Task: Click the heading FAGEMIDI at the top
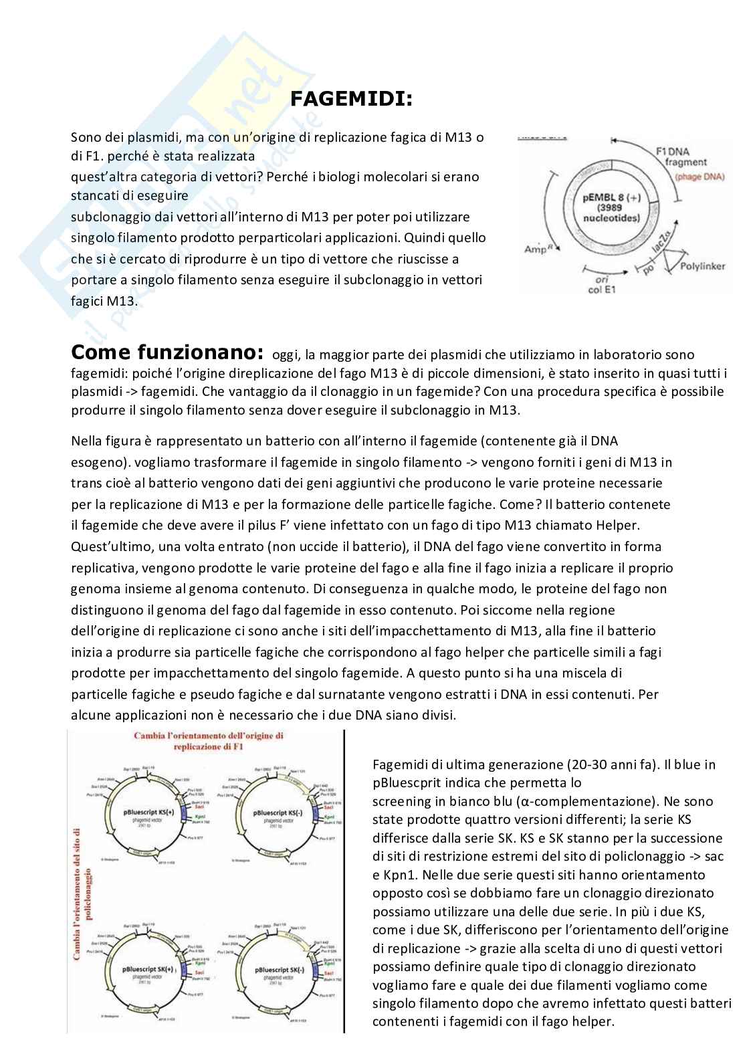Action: click(x=351, y=100)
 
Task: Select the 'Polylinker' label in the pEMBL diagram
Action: click(x=702, y=266)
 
